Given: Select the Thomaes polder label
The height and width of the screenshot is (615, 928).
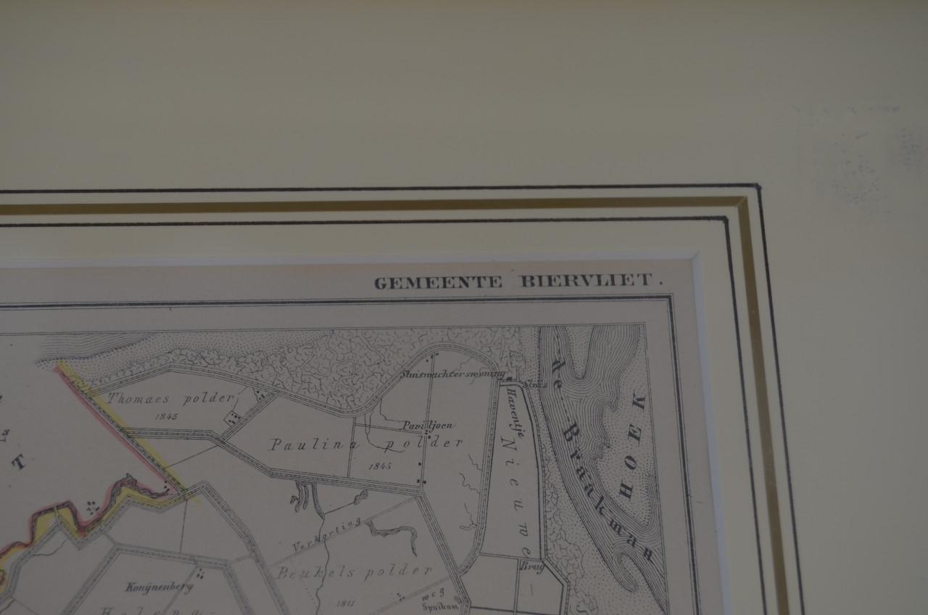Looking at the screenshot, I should tap(172, 397).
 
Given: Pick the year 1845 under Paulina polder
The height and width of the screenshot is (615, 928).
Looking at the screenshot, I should tap(379, 466).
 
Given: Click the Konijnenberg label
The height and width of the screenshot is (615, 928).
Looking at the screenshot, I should tap(149, 587).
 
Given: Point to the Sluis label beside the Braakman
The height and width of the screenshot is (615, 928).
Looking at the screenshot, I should tap(535, 381).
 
